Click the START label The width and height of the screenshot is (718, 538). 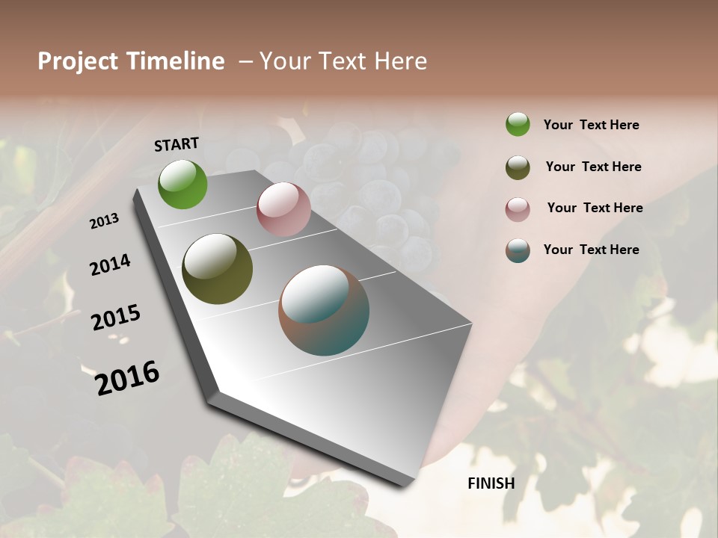[177, 144]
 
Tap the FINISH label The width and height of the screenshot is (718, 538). [491, 483]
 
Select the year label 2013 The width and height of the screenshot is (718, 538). [105, 221]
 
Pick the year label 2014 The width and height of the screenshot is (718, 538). [110, 265]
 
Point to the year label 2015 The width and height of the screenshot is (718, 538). [116, 318]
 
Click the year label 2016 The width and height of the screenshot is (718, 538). [127, 378]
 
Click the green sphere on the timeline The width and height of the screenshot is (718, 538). [182, 184]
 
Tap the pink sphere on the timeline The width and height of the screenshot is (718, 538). [283, 209]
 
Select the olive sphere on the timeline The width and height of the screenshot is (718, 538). [217, 269]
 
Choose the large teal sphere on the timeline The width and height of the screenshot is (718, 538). [324, 310]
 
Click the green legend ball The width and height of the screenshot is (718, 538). [518, 124]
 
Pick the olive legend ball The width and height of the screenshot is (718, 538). [518, 167]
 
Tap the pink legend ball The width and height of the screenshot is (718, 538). [518, 209]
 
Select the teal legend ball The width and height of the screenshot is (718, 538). [518, 250]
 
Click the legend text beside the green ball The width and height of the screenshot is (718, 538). [591, 125]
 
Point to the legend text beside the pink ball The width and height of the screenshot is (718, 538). [595, 208]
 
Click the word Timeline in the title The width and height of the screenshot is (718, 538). [174, 61]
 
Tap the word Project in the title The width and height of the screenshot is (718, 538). [77, 61]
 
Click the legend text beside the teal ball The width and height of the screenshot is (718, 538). [591, 250]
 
